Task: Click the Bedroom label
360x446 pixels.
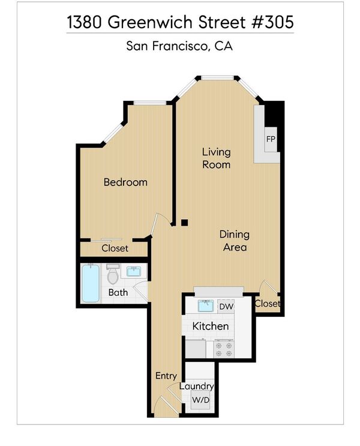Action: [125, 182]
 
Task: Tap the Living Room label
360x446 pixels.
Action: [216, 158]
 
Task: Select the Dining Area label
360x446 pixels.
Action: [235, 241]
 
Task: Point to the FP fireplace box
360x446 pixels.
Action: [271, 139]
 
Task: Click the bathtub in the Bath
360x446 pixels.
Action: [91, 283]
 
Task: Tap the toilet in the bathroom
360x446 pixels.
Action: [113, 274]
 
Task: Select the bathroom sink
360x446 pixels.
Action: [134, 272]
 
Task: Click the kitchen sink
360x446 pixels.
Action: [207, 306]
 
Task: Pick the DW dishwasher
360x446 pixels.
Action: [226, 306]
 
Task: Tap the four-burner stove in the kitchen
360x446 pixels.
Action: [224, 349]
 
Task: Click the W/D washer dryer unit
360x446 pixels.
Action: [201, 400]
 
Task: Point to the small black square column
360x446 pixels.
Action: [185, 223]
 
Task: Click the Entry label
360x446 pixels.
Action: [166, 376]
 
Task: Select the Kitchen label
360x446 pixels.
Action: [211, 326]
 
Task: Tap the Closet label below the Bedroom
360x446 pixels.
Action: [115, 249]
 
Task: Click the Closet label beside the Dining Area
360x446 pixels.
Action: [267, 304]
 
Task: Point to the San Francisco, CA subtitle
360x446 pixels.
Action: [179, 46]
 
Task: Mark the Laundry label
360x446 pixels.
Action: [196, 386]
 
